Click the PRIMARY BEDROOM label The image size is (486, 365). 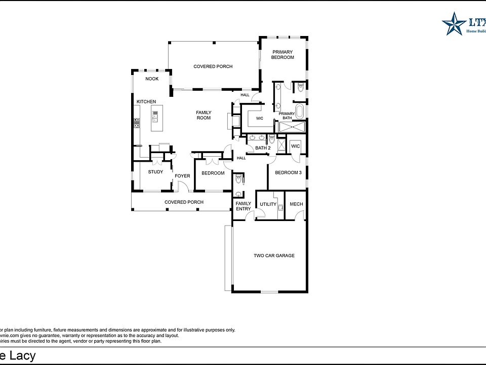coord(282,55)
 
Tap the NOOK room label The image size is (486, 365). coord(152,79)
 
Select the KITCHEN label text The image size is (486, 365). coord(146,102)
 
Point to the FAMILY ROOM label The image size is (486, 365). coord(204,115)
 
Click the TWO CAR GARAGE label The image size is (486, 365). coord(274,255)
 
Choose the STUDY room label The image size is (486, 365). coord(155,172)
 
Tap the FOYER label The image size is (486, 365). coord(182,176)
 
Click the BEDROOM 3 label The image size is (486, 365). coord(288,173)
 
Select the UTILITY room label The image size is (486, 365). coord(268,205)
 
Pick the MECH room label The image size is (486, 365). coord(296,205)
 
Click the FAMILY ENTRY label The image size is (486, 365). coord(244,206)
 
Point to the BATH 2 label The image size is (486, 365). coord(263,148)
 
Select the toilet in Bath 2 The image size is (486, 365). coord(271,138)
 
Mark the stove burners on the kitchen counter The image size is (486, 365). coord(137,122)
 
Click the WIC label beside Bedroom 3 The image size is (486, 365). coord(296,147)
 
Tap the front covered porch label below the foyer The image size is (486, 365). coord(184,202)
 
